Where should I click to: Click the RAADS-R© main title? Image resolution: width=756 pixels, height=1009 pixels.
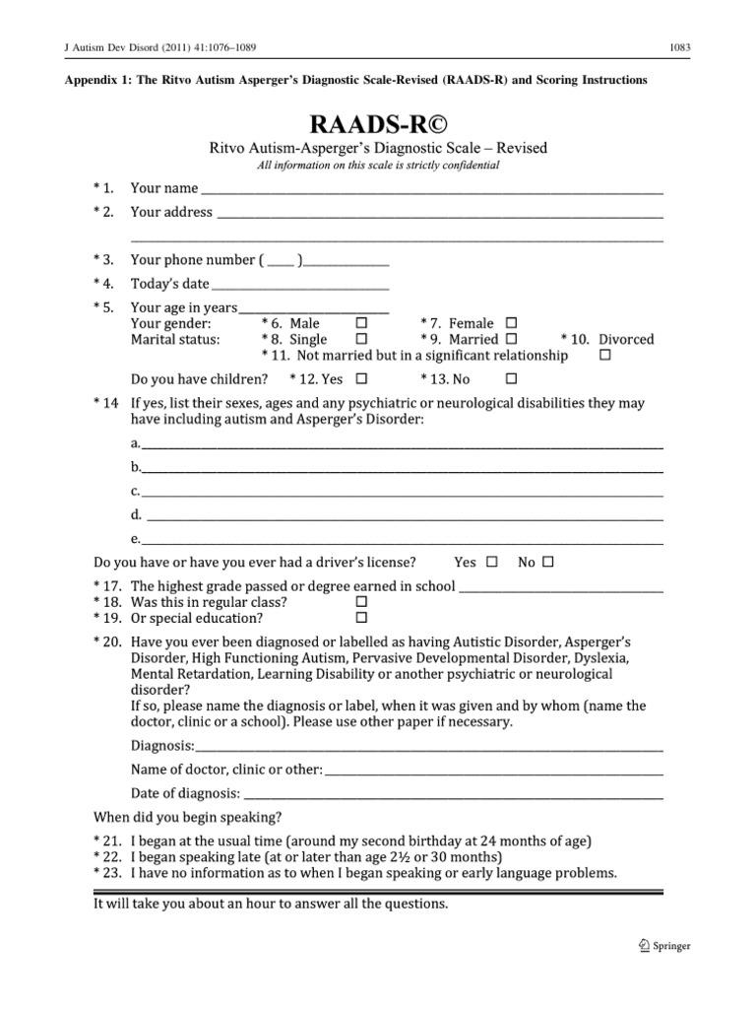pos(378,124)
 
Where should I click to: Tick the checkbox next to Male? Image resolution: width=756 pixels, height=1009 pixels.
pos(361,323)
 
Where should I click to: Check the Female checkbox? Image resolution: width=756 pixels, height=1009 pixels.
pos(511,323)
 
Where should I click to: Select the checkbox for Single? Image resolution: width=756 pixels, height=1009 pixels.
pos(361,339)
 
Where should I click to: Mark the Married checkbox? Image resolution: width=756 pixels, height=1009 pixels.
pos(511,339)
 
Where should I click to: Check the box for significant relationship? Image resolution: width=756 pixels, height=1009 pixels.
pos(604,355)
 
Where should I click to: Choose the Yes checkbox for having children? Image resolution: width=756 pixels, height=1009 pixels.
pos(361,378)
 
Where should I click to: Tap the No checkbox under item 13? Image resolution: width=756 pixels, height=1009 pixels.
pos(511,378)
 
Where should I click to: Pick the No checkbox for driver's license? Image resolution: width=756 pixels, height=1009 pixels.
pos(548,563)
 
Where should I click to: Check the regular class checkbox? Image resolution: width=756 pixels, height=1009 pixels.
pos(360,602)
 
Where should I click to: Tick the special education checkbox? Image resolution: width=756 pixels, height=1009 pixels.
pos(360,618)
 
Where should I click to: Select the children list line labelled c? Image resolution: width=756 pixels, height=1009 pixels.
pos(402,493)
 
